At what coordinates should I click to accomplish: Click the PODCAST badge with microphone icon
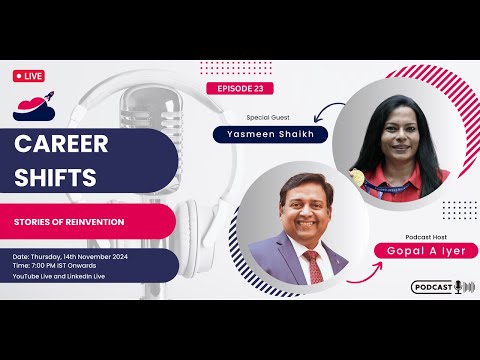(x=442, y=287)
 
